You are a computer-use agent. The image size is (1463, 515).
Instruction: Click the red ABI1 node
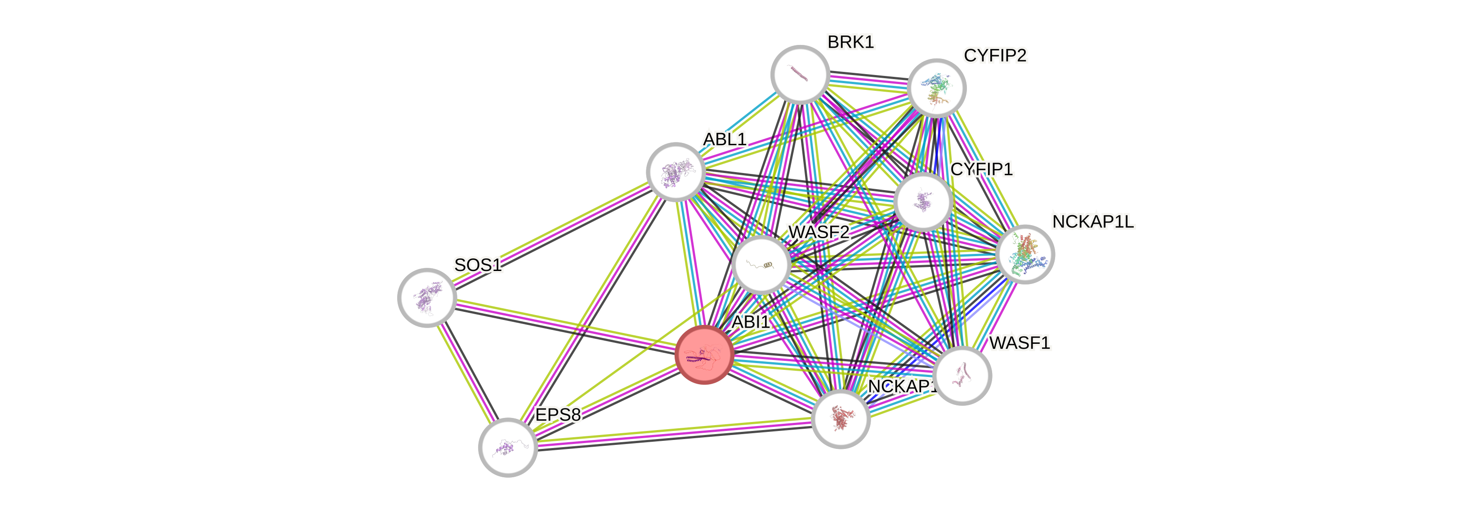704,355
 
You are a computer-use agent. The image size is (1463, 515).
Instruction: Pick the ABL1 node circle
676,172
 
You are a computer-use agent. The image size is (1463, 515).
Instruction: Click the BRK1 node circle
800,75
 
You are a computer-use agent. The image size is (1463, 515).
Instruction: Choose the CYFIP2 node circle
936,88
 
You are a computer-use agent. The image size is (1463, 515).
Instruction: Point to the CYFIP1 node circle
923,202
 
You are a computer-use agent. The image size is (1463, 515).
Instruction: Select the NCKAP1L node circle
1025,254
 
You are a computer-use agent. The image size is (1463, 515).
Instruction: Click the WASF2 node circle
761,265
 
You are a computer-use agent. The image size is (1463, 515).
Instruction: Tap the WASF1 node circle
962,375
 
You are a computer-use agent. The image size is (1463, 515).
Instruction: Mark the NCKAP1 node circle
841,418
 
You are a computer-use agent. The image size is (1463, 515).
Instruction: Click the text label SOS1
478,265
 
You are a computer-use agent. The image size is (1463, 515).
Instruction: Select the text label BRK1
850,42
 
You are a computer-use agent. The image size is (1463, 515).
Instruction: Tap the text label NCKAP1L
1093,222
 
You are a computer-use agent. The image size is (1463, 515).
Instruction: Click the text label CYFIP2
995,56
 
